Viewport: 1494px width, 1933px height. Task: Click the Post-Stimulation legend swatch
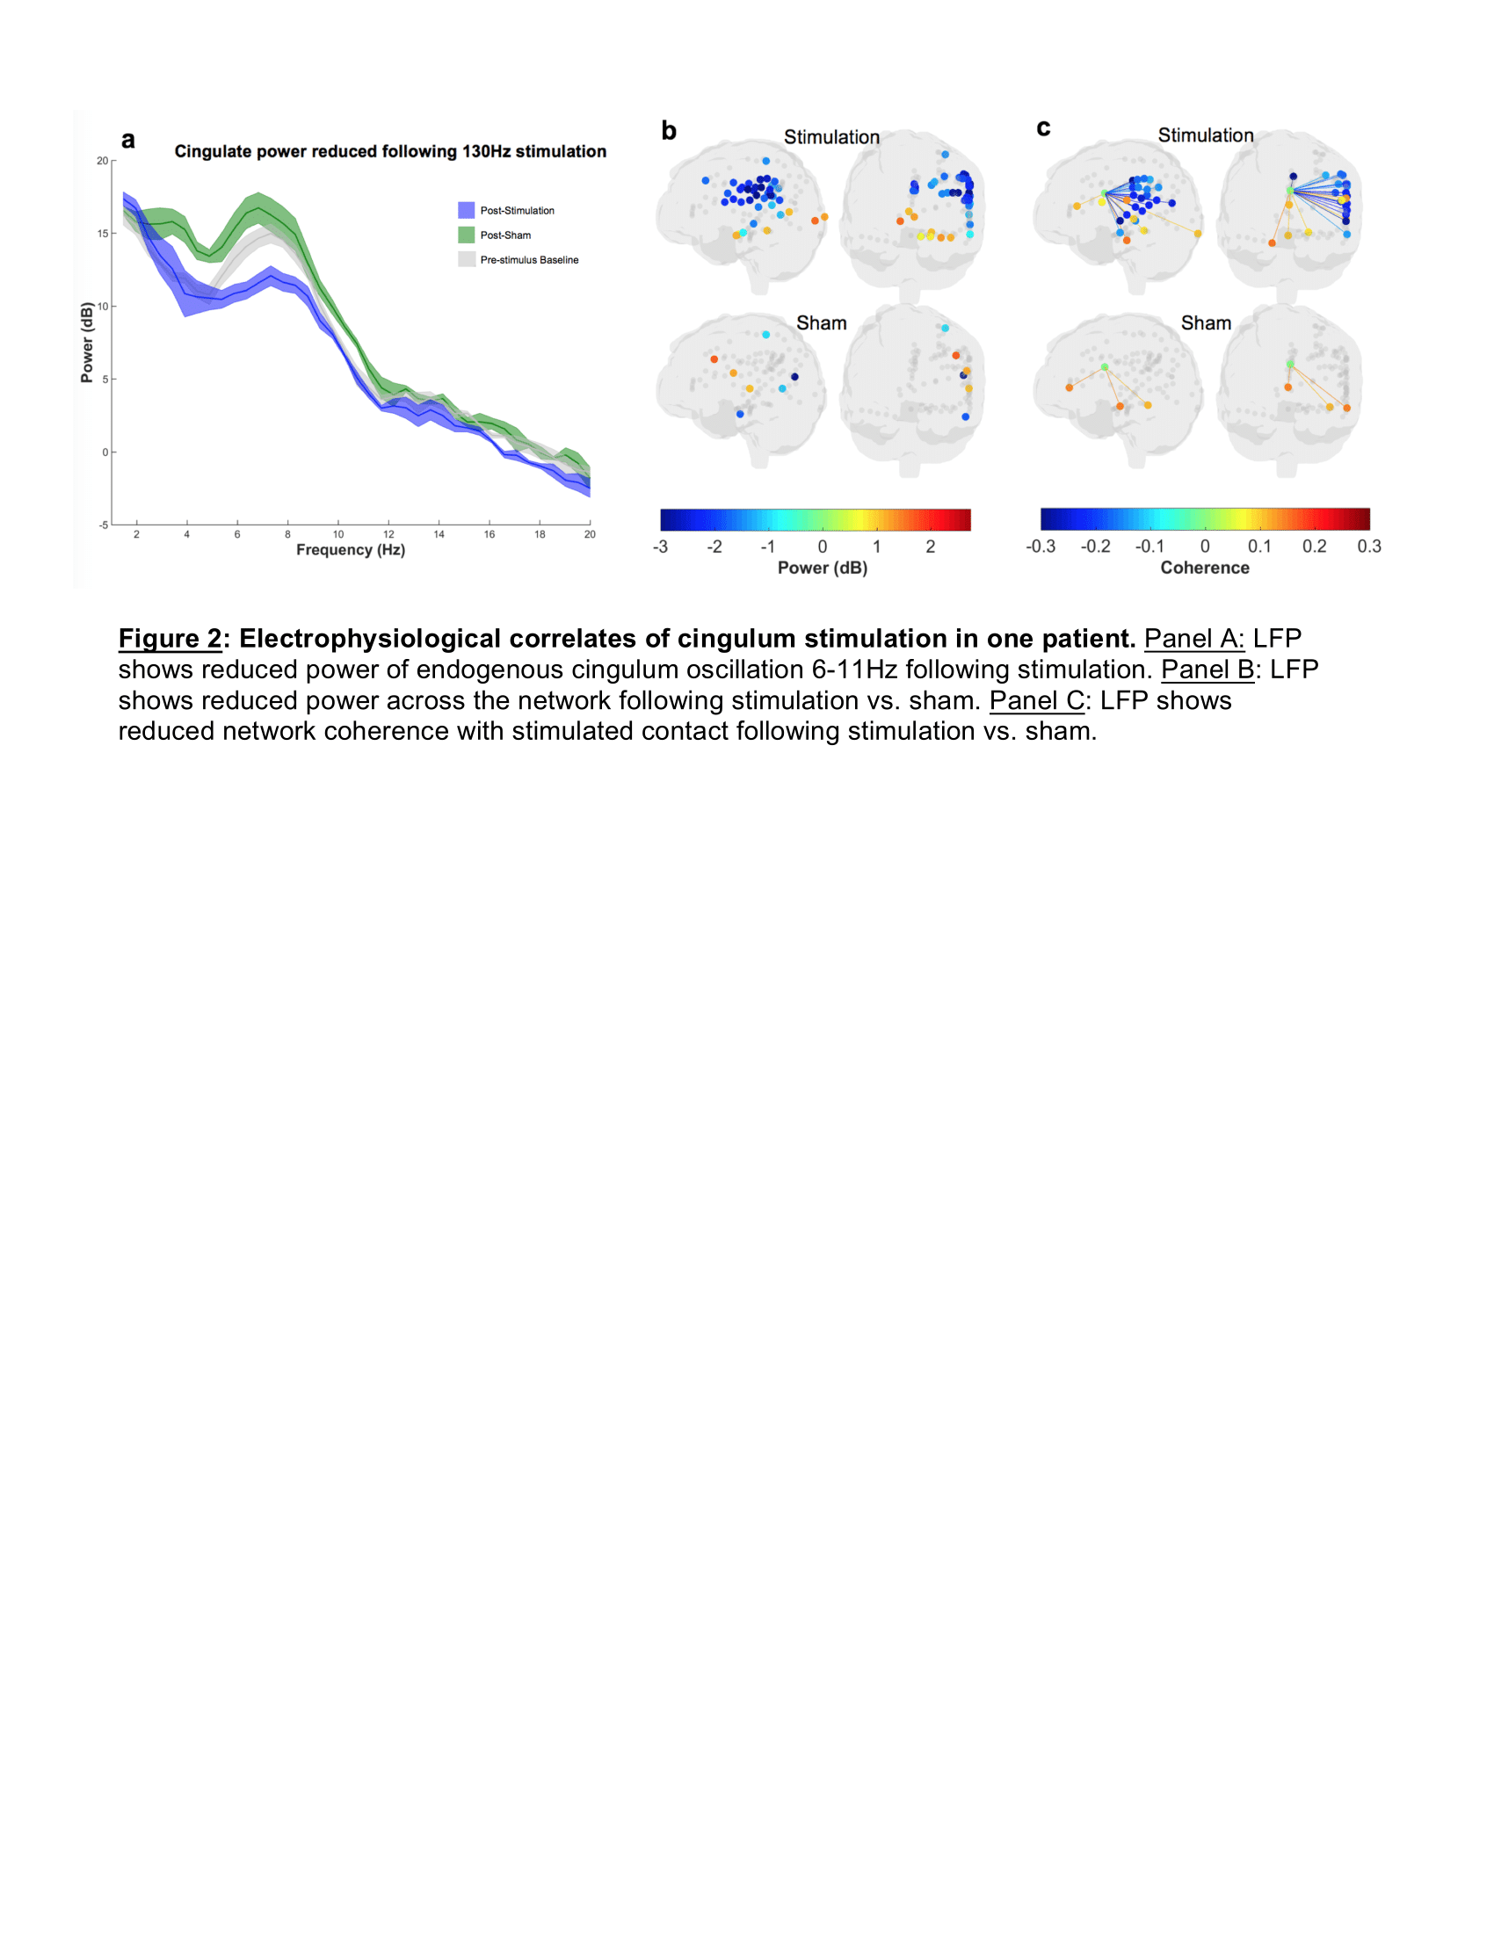point(466,211)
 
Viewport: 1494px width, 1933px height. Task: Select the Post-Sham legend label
point(505,235)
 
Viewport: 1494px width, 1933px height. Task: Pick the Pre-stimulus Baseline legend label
point(529,260)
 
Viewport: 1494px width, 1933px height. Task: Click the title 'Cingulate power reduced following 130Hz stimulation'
point(390,151)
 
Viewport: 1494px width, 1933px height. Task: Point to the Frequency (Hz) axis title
point(351,550)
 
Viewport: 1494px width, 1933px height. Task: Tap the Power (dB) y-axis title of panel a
point(87,343)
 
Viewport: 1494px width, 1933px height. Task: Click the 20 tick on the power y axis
point(103,161)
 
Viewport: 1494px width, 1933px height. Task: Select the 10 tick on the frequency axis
point(338,534)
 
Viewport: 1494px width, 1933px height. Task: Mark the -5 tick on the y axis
point(103,525)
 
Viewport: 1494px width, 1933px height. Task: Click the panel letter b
point(669,131)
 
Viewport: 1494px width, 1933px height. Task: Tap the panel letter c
point(1043,128)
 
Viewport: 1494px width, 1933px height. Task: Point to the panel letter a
point(128,140)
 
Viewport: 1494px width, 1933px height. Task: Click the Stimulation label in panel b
point(831,137)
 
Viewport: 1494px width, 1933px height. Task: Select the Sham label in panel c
point(1206,323)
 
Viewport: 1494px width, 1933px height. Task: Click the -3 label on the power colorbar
point(660,547)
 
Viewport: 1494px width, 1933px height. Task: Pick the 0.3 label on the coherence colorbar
point(1368,547)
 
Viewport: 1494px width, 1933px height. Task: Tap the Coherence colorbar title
point(1205,568)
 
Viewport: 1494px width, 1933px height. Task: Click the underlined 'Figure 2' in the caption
point(170,638)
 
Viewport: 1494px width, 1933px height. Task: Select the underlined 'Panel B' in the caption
point(1208,670)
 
